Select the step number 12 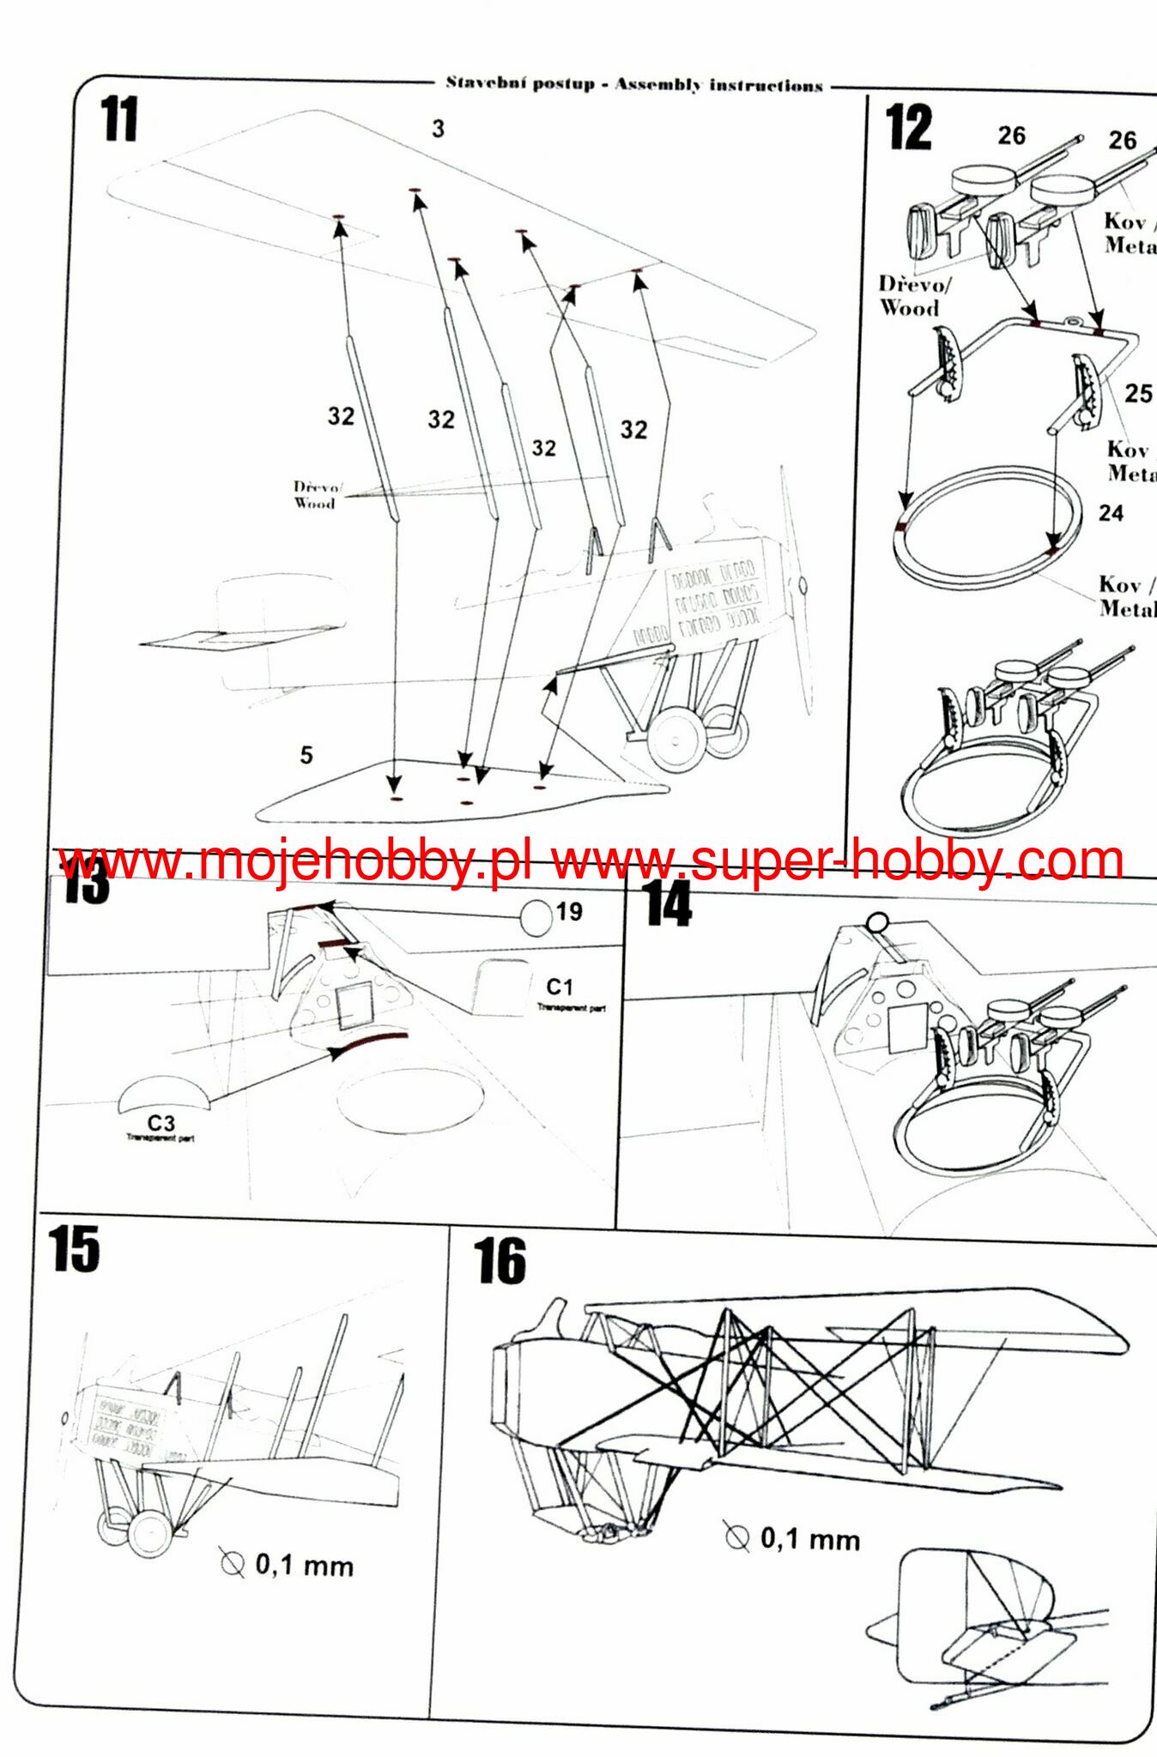[908, 128]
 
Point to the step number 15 [74, 1249]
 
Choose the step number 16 [500, 1261]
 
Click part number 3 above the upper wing [438, 129]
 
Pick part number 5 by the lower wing [306, 755]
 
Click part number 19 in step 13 [569, 911]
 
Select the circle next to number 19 [536, 916]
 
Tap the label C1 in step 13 [560, 987]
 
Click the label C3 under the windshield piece [161, 1123]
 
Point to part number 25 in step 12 [1138, 394]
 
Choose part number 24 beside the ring [1111, 513]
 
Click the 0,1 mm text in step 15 [304, 1566]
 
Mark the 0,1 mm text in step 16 [809, 1539]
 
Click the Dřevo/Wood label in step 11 [316, 496]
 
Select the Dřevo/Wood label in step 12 [912, 296]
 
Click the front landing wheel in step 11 [676, 740]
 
